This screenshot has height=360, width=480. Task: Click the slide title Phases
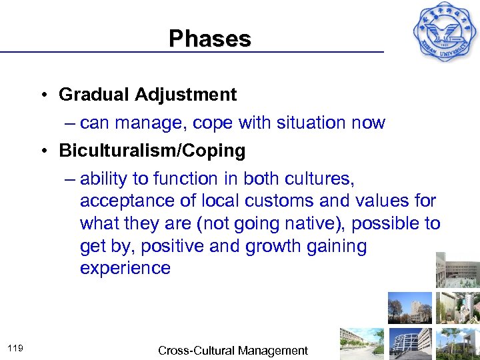pos(209,38)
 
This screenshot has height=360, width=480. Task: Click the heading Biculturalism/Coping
pos(152,151)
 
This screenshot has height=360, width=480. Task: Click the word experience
pos(125,268)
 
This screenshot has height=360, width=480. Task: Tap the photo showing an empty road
pos(361,344)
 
